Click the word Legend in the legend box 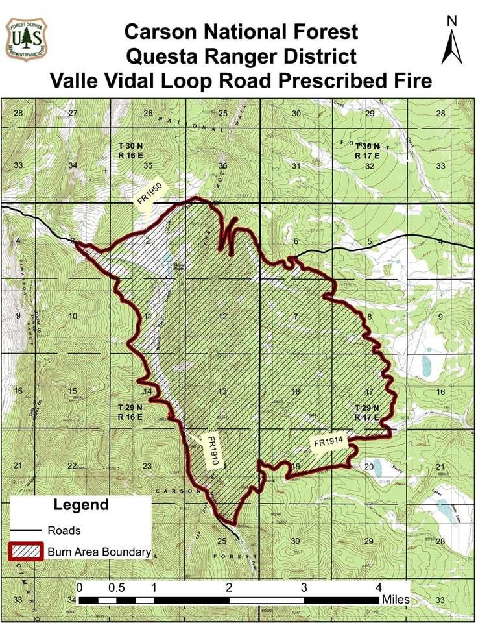81,504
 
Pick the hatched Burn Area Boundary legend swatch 26,552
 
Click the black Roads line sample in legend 26,530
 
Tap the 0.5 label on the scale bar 117,587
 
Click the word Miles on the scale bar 396,599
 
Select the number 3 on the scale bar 304,587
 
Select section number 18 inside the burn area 296,391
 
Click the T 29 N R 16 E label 130,411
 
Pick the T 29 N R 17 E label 367,412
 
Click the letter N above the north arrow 452,20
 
